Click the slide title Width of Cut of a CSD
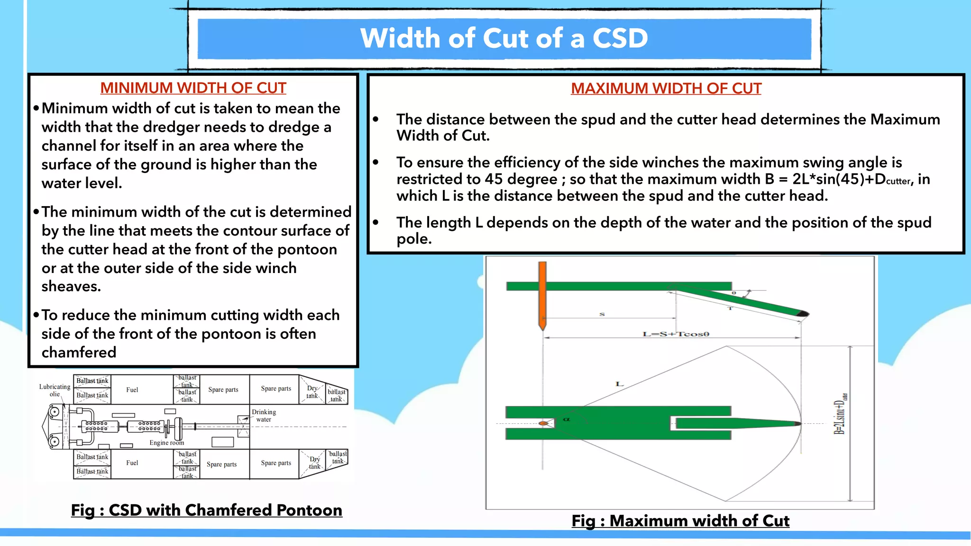click(x=504, y=38)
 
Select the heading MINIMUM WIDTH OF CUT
click(x=193, y=88)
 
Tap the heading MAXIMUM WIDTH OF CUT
click(x=666, y=89)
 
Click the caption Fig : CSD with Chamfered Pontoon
click(x=206, y=510)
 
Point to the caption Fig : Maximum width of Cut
click(x=680, y=521)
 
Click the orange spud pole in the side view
click(x=542, y=294)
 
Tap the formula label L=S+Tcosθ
click(x=676, y=334)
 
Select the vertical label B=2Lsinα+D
click(x=840, y=417)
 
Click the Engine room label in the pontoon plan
click(x=166, y=443)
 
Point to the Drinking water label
click(x=264, y=416)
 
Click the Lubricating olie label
click(x=55, y=390)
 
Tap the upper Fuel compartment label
click(x=132, y=390)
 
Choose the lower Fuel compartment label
click(x=132, y=463)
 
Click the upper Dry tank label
click(x=312, y=392)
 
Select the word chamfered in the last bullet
click(x=79, y=353)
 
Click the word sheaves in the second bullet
click(x=71, y=287)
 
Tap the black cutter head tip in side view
click(x=803, y=314)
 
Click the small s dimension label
click(x=602, y=314)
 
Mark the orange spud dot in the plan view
click(x=543, y=423)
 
